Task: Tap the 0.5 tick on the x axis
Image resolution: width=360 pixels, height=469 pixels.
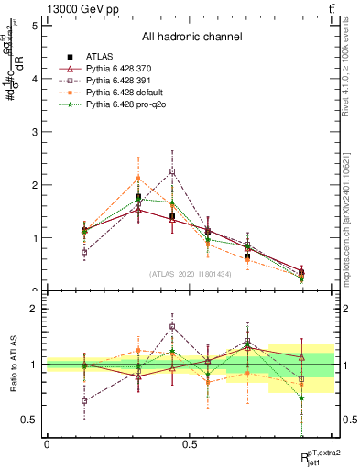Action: (191, 443)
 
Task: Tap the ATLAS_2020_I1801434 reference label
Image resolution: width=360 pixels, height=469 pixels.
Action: (191, 273)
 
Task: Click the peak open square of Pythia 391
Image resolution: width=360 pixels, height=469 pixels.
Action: (172, 171)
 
